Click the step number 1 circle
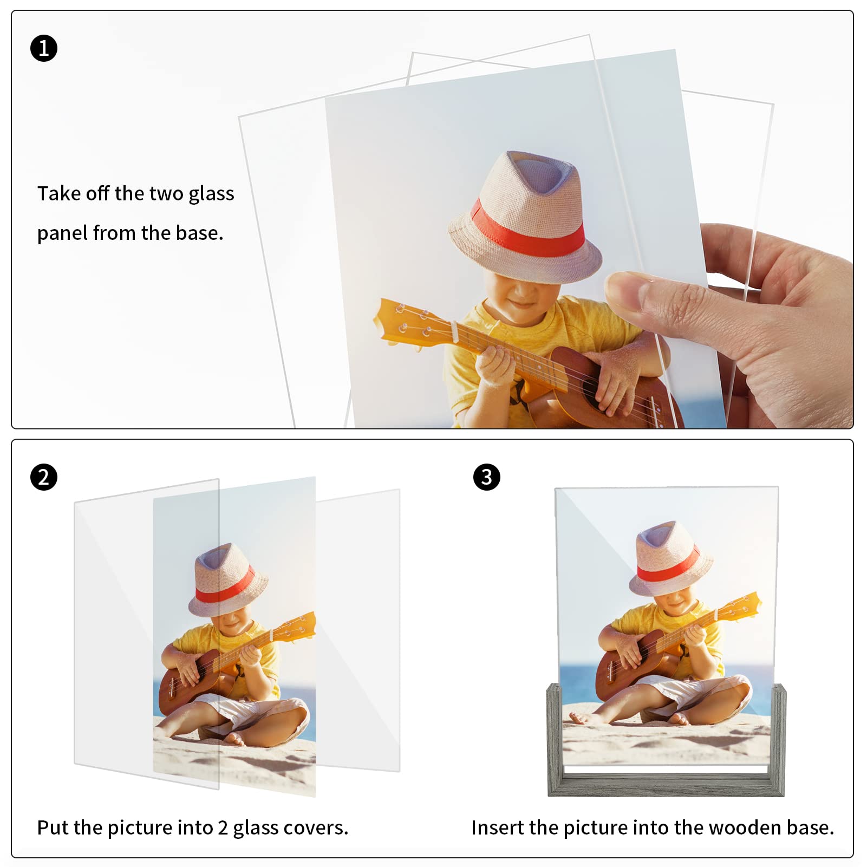(x=44, y=48)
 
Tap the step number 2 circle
(x=44, y=477)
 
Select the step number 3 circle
(x=486, y=477)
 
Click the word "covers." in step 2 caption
(x=317, y=827)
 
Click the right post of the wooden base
(x=778, y=739)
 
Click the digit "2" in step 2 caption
(x=223, y=827)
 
